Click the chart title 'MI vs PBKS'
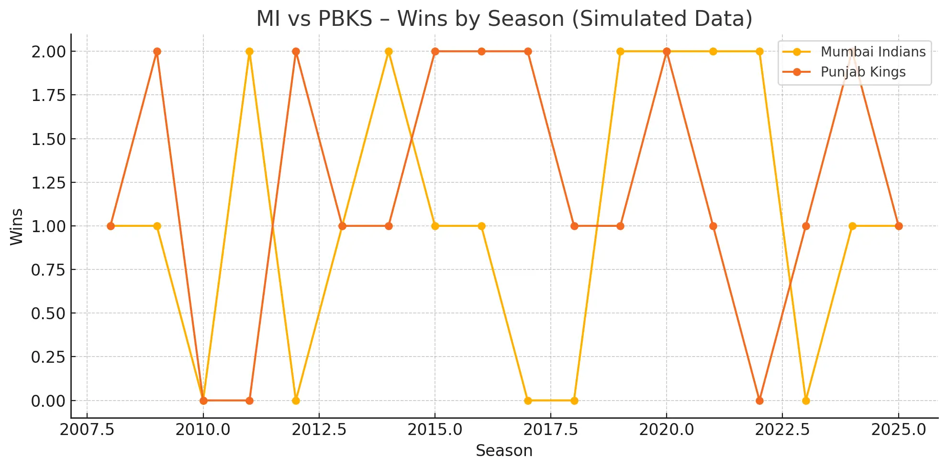click(x=504, y=19)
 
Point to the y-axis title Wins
click(x=16, y=226)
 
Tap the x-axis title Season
click(x=504, y=450)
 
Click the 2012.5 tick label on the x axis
click(x=319, y=429)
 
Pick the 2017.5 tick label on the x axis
click(x=551, y=429)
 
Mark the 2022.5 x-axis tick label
click(x=782, y=429)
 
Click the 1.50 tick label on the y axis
click(x=48, y=139)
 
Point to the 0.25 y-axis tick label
click(x=48, y=357)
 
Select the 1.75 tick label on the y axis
click(x=48, y=95)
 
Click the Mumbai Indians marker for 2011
click(x=249, y=52)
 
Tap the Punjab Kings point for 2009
click(x=157, y=52)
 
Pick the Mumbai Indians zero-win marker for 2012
click(x=296, y=401)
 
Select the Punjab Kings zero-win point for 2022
click(x=759, y=401)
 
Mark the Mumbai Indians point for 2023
click(x=806, y=401)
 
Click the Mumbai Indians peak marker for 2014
click(x=389, y=52)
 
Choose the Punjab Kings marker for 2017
click(x=528, y=52)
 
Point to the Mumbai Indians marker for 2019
click(x=620, y=52)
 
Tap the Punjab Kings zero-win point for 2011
click(x=249, y=401)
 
